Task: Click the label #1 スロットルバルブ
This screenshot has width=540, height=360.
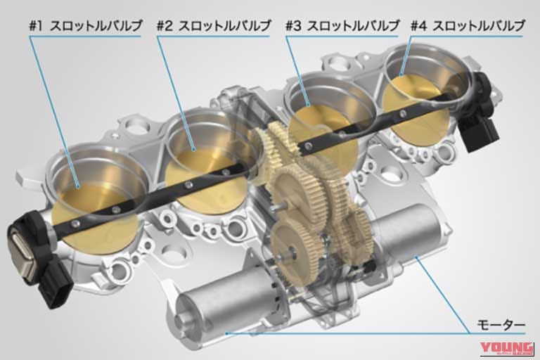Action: (x=85, y=26)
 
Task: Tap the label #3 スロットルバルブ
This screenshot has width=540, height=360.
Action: (x=342, y=26)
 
